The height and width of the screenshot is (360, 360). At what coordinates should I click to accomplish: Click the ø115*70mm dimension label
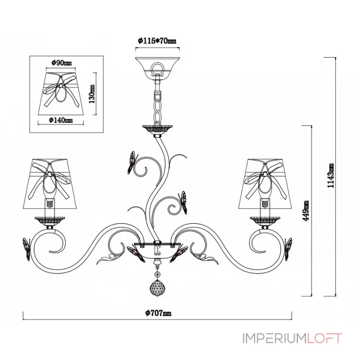(157, 41)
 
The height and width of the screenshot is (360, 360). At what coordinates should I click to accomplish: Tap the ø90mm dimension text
(61, 63)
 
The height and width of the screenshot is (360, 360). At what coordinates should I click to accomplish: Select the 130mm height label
(92, 94)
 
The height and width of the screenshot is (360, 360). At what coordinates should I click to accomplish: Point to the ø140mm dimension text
(61, 120)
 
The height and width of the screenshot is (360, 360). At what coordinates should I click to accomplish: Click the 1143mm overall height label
(331, 175)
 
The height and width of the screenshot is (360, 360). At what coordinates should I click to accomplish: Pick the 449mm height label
(306, 211)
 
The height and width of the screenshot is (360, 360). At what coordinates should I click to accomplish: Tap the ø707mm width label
(158, 313)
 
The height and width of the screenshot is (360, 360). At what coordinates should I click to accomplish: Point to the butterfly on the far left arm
(27, 249)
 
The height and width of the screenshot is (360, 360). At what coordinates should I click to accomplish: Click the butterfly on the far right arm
(288, 249)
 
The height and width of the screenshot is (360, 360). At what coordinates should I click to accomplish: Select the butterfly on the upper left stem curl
(131, 162)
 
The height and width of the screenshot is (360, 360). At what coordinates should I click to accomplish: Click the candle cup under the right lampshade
(265, 221)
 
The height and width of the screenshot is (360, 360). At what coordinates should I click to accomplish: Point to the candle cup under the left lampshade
(50, 221)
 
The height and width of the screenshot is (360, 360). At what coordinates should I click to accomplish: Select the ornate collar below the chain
(157, 130)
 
